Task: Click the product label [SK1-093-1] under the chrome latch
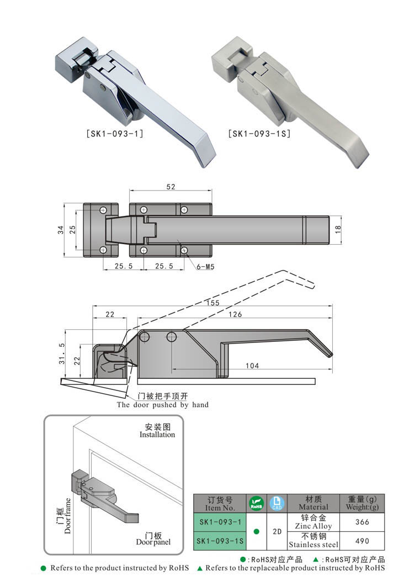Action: point(115,133)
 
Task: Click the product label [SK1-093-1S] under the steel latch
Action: point(259,133)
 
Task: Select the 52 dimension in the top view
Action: point(170,187)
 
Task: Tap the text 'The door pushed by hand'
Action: point(162,405)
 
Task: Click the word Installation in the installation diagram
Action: point(157,435)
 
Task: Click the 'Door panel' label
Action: point(153,542)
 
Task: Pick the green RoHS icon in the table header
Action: point(257,503)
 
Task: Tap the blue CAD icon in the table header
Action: point(277,503)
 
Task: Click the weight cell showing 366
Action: point(362,521)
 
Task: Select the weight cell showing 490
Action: point(362,541)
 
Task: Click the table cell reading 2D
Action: point(277,531)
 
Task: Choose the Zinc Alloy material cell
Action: point(314,522)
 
